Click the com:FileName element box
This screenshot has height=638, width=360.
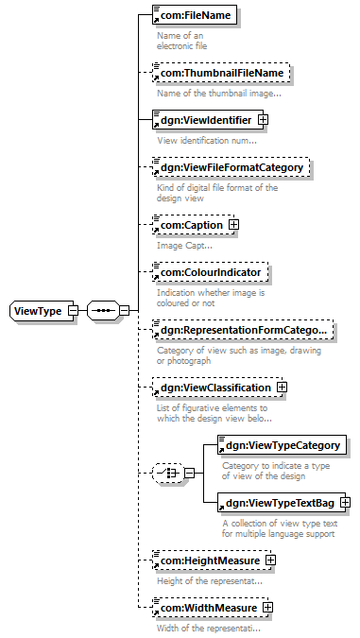195,15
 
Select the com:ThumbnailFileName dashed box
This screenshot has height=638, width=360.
221,73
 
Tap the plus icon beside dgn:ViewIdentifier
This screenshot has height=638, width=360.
264,120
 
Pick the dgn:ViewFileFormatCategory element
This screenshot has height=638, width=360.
231,167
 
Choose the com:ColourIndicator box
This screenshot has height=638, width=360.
211,272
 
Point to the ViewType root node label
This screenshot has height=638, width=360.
38,311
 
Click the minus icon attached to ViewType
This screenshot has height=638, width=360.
73,311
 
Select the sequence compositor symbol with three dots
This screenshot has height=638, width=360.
103,311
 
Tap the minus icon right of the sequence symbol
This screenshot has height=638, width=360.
124,311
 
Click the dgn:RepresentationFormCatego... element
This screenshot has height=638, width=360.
243,330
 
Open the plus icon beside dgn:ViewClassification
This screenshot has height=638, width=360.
282,388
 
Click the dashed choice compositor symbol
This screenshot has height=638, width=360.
169,474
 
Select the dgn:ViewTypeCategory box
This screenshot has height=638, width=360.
283,445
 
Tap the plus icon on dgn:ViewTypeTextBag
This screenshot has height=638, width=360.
345,503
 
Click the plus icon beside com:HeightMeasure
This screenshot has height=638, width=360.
270,560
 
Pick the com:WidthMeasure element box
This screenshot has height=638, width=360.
211,608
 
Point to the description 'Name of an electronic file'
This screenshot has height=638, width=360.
181,41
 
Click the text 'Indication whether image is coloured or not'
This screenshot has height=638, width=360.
211,298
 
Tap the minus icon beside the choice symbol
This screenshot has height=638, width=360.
190,474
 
